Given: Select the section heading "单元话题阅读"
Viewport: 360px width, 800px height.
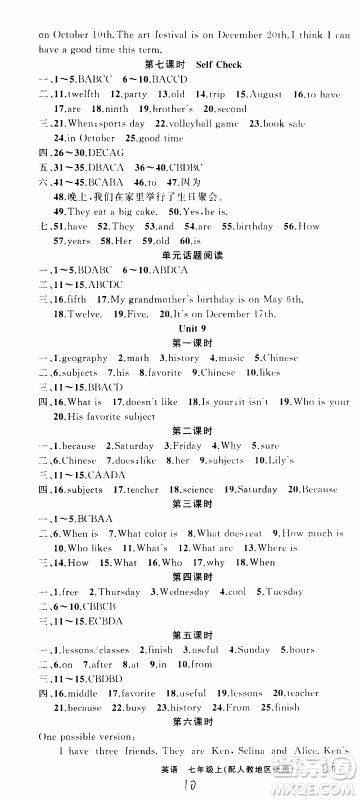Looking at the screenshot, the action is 180,254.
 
